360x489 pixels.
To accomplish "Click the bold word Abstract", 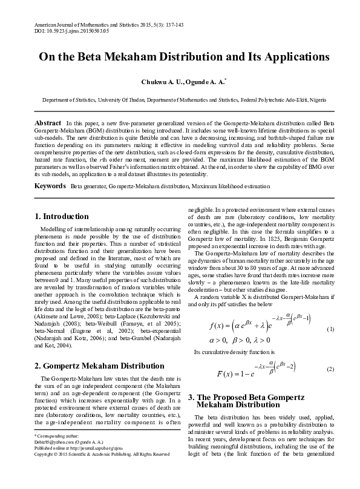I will (x=48, y=122).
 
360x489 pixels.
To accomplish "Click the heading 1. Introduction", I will (x=62, y=216).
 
